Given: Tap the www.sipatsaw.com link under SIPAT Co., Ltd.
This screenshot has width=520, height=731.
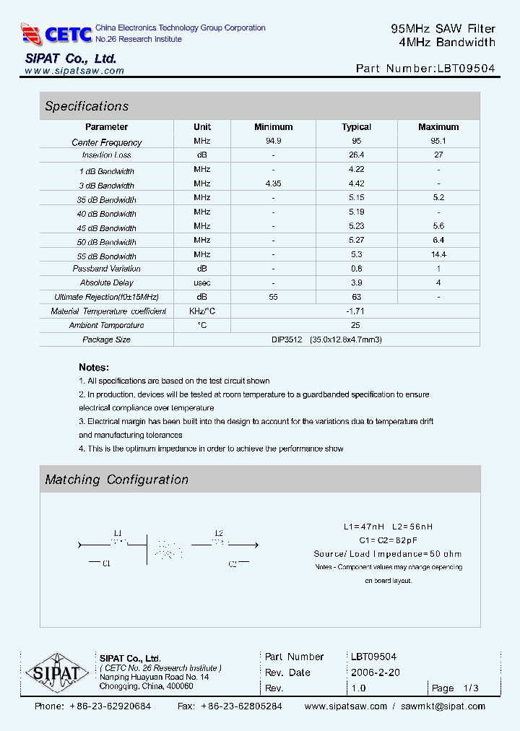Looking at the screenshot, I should point(74,71).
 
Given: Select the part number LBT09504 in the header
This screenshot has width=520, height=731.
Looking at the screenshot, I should point(466,69).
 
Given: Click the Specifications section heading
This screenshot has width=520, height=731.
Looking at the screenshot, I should point(87,106).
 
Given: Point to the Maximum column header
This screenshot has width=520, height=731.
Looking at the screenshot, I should point(438,127).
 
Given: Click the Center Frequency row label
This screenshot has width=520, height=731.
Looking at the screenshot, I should point(107,142).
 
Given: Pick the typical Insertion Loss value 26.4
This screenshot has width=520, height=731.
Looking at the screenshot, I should point(356,155).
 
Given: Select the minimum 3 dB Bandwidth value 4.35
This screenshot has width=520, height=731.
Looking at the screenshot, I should point(273,183).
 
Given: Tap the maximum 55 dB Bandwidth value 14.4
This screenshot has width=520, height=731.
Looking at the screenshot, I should point(438,254).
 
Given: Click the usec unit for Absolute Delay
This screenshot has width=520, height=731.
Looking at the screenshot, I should point(202,282).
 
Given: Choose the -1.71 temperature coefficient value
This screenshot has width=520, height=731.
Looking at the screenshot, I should point(356,311).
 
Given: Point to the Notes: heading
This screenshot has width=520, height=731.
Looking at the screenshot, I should point(94,367).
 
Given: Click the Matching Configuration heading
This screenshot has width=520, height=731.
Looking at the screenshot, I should point(116,480).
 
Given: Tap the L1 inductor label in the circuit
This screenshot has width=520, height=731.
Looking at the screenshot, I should point(118,534).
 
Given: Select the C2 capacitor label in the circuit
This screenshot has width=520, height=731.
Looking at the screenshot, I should point(233,564).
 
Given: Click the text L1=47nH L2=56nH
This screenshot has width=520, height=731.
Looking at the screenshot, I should point(388,527).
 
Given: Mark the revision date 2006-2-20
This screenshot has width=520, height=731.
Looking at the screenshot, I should point(375,672).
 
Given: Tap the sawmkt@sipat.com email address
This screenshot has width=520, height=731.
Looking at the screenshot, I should point(443,706).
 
